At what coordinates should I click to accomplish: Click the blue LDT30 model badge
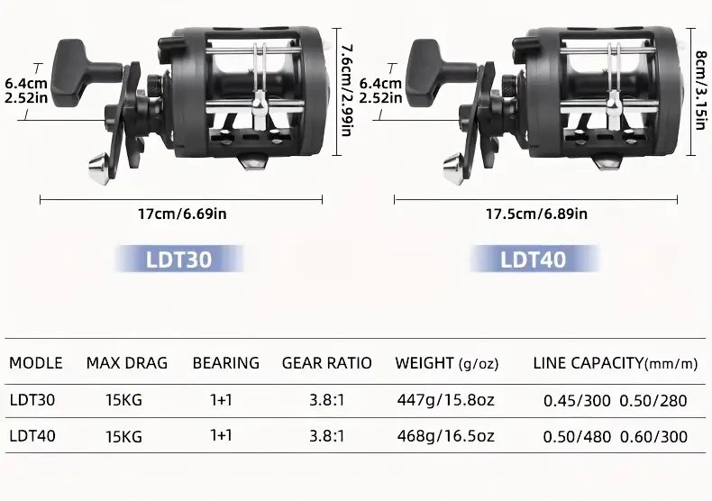click(x=178, y=260)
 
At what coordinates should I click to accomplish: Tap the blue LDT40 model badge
click(x=534, y=260)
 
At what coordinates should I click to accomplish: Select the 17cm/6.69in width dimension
click(x=181, y=214)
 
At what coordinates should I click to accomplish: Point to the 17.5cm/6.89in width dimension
click(x=536, y=214)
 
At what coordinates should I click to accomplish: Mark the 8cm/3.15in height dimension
click(x=699, y=79)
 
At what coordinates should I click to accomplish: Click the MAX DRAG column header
click(x=127, y=363)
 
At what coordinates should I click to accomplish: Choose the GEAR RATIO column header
click(x=326, y=363)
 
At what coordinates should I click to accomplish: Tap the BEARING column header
click(x=225, y=363)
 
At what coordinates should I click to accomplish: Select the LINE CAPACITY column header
click(x=616, y=363)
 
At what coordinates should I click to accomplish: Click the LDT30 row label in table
click(x=32, y=399)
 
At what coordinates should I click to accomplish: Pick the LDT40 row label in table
click(x=32, y=436)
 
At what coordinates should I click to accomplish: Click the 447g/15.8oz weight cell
click(x=445, y=399)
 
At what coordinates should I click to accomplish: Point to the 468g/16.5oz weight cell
click(x=445, y=436)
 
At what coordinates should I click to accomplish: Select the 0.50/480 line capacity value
click(x=577, y=436)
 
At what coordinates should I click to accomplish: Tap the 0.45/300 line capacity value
click(x=577, y=399)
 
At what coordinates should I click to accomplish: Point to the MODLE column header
click(x=36, y=363)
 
